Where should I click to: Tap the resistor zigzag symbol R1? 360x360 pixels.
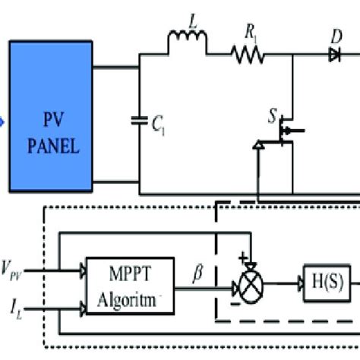pyautogui.click(x=248, y=53)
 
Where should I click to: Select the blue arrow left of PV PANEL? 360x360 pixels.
pyautogui.click(x=3, y=120)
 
